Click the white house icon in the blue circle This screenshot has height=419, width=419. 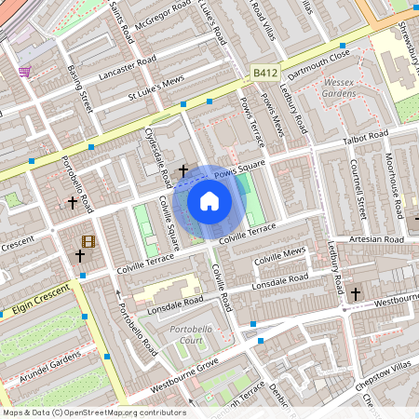coord(209,200)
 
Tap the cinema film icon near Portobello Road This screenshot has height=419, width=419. coord(88,242)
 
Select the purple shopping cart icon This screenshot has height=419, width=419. coord(24,71)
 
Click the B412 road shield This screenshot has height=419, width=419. coord(264,71)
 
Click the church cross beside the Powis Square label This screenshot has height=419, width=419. coord(183,170)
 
